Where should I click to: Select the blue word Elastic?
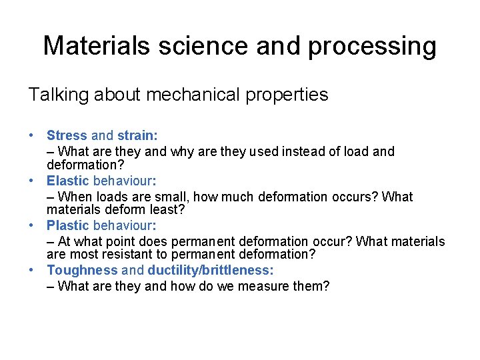(67, 181)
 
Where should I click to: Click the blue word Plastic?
(67, 226)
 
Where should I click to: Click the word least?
(170, 209)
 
